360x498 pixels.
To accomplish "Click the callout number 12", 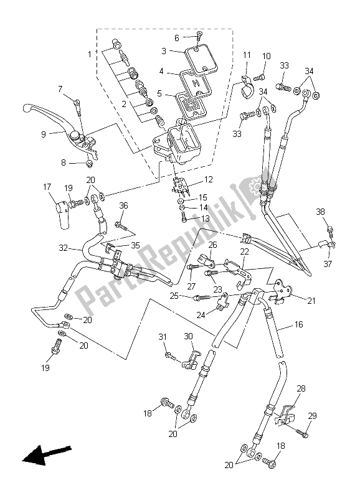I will (207, 180).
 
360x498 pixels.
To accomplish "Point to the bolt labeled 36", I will (122, 221).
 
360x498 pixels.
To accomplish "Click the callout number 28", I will (301, 388).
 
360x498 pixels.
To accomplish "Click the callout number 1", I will (88, 54).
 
